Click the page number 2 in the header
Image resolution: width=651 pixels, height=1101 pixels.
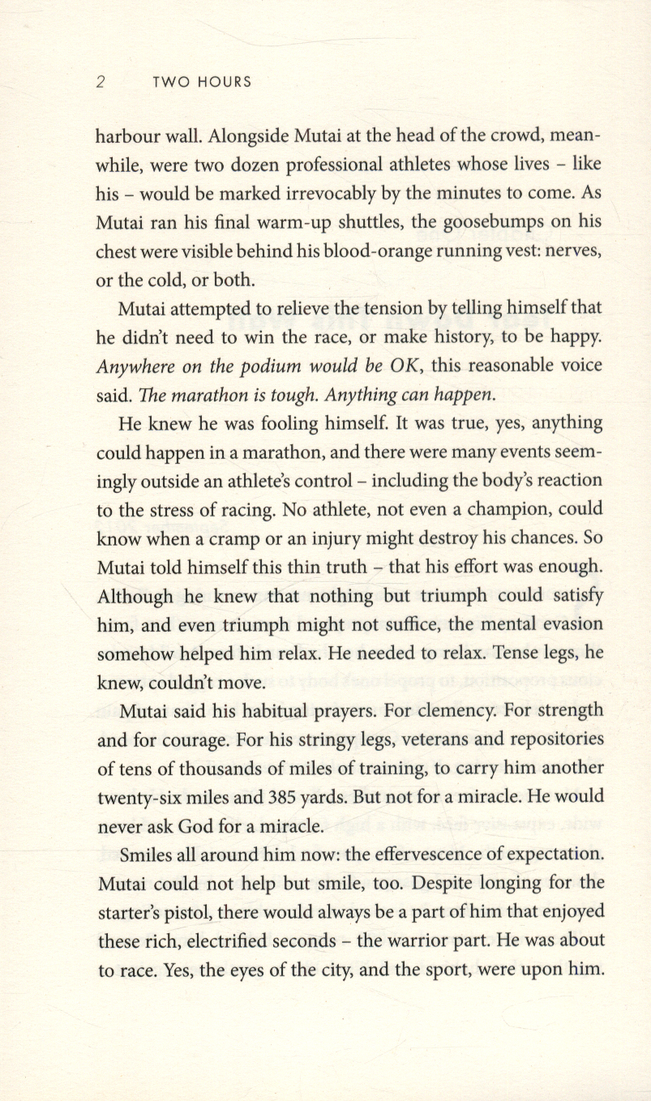pyautogui.click(x=101, y=82)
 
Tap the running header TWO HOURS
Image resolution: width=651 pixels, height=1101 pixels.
pyautogui.click(x=201, y=82)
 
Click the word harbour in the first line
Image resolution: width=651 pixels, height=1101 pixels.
pyautogui.click(x=129, y=136)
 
